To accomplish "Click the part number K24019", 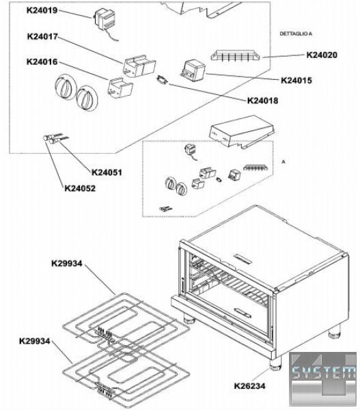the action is coord(42,10).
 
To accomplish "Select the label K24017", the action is coord(42,37).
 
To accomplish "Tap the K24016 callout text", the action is coord(42,62).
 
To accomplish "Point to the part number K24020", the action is coord(322,55).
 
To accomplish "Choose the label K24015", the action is coord(296,80).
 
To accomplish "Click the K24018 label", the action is coord(263,100).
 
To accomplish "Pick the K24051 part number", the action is coord(107,173).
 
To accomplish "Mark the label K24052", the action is coord(80,189).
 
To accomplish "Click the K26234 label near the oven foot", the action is coord(249,385).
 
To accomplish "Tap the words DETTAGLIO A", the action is coord(296,33).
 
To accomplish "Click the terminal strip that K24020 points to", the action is coord(235,55).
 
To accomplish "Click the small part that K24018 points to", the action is coord(162,79).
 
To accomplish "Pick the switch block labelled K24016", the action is coord(120,87).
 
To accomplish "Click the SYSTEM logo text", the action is coord(323,372).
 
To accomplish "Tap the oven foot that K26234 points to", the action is coord(275,364).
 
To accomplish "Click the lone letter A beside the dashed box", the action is coord(283,162).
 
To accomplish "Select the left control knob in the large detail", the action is coord(64,86).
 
